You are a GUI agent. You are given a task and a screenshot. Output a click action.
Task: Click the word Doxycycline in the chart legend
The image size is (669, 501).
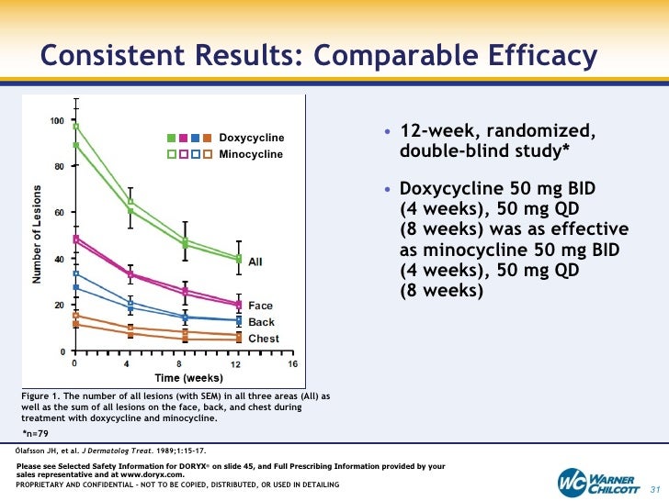pos(251,138)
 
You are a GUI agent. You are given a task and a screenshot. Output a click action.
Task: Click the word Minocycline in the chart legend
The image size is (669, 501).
pos(251,154)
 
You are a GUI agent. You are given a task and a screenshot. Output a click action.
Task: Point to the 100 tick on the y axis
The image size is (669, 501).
pos(57,121)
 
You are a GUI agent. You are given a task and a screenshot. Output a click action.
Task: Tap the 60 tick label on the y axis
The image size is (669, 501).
pos(60,213)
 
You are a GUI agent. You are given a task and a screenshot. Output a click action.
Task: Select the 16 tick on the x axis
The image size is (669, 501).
pos(292,364)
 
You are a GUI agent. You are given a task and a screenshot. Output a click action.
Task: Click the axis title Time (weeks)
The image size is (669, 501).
pos(188,378)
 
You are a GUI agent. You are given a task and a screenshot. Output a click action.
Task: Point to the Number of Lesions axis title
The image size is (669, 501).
pos(40,235)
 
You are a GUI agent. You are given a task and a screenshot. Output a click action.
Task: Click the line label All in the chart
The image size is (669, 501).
pos(255,262)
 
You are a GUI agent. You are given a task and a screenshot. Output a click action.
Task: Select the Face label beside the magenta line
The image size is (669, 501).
pos(260,306)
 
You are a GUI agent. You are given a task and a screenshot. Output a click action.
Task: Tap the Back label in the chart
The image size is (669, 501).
pos(261,322)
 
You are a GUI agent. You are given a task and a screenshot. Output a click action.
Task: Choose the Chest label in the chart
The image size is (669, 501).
pos(264,339)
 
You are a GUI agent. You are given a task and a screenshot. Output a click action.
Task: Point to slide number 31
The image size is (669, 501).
pos(656,485)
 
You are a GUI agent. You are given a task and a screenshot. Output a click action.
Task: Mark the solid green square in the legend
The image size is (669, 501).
pos(171,138)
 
